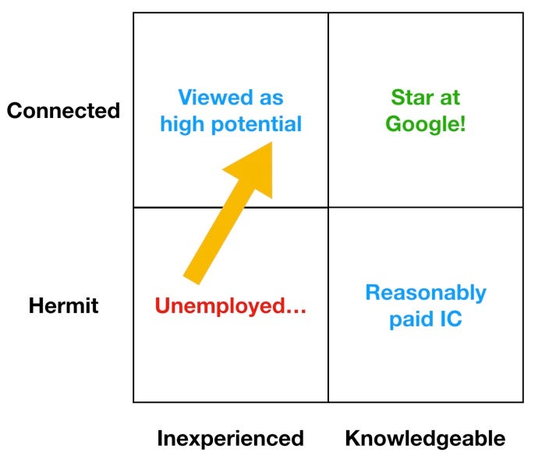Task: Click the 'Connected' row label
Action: [x=63, y=111]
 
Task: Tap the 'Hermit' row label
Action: [x=63, y=305]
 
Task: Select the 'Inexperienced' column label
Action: [x=230, y=438]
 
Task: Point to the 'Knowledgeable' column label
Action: [x=425, y=438]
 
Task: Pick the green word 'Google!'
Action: [x=426, y=124]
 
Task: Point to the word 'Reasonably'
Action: [x=426, y=293]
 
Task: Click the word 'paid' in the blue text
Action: [x=412, y=319]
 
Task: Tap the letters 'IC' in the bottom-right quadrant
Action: [x=450, y=319]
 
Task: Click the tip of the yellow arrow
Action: [x=270, y=144]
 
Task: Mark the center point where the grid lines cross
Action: [x=328, y=208]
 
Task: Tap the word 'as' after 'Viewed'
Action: [x=273, y=99]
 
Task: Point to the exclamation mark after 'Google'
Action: [x=462, y=123]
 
